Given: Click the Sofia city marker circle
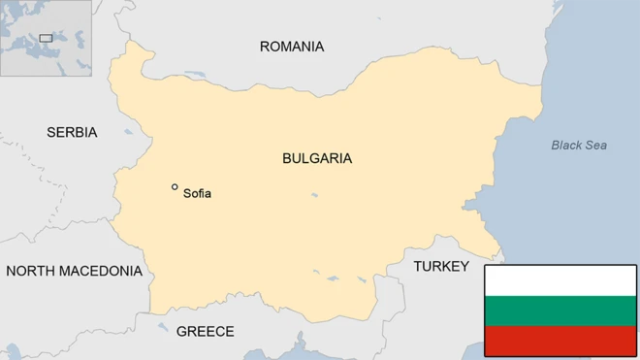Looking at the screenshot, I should (175, 187).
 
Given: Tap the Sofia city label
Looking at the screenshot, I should (197, 194).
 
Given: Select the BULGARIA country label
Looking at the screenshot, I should (317, 158).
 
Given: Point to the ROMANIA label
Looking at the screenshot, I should (292, 47).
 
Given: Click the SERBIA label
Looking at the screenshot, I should (72, 132).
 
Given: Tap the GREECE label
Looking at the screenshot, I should (205, 332).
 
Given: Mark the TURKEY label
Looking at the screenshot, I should (441, 266).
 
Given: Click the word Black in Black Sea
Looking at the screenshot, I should (566, 146).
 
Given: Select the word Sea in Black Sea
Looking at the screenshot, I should (595, 146).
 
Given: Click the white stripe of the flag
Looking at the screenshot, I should (560, 280).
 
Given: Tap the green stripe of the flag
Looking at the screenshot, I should (560, 311).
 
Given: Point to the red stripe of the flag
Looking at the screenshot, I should (560, 341).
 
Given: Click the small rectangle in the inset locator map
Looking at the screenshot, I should (46, 38).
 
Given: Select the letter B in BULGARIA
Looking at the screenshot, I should (287, 158).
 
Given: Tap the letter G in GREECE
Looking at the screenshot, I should (181, 332).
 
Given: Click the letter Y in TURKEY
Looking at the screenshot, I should (464, 266).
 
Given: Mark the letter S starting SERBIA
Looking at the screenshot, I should (51, 132).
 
